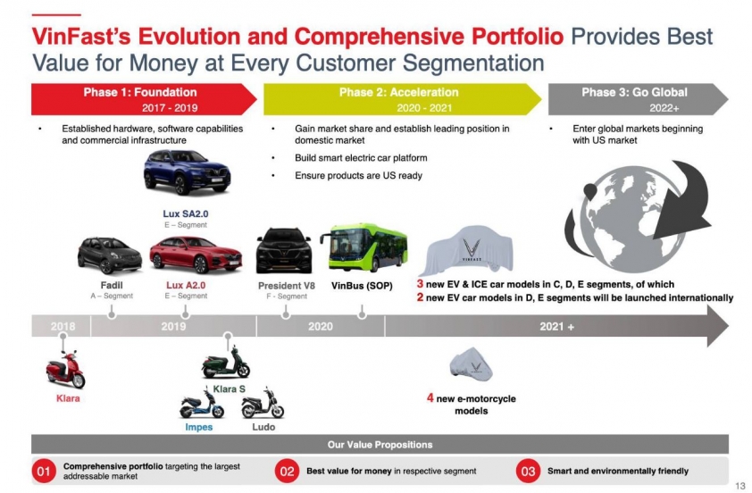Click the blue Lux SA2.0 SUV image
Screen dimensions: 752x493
pos(187,171)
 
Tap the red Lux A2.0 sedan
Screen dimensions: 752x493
pos(196,255)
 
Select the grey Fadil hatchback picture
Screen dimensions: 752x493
pos(110,255)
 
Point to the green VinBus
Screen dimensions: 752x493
pos(363,247)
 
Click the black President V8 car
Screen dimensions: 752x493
pos(284,251)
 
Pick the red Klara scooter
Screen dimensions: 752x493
pos(66,369)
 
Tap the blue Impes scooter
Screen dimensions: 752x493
pos(202,405)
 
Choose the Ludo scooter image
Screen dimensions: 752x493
pos(263,404)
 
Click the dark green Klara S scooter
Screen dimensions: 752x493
pos(225,363)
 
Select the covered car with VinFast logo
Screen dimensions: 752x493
pos(466,251)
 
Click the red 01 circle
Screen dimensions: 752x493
pos(44,471)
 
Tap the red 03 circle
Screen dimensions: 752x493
pos(528,471)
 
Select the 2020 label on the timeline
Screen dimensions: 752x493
pos(321,327)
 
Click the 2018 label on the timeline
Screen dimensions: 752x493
pos(63,326)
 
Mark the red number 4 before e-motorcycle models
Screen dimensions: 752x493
pos(430,397)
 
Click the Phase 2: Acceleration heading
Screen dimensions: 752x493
pos(399,92)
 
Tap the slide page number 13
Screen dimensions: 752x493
pos(739,486)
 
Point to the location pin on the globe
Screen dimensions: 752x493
pos(590,192)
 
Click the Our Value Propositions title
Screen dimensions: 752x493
pos(380,445)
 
